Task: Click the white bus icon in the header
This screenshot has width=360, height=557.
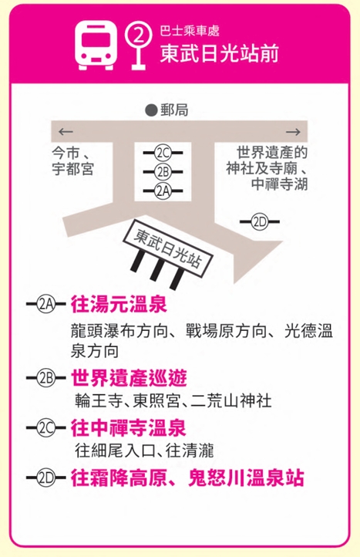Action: coord(96,46)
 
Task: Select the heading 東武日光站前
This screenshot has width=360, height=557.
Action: coord(219,54)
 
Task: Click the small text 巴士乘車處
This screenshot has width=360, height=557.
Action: coord(189,31)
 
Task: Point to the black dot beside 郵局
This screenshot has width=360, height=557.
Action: coord(151,110)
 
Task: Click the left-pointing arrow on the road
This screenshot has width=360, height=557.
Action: coord(66,132)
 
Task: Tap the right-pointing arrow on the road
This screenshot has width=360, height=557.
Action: coord(293,132)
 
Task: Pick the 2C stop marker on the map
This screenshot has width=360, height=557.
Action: coord(163,153)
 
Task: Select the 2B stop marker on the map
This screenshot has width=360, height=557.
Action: coord(163,172)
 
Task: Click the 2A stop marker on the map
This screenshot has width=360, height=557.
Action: coord(163,191)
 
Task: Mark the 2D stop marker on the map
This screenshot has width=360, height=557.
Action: coord(260,222)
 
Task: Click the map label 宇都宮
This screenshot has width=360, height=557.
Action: coord(72,169)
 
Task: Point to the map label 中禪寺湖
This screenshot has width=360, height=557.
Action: coord(279,184)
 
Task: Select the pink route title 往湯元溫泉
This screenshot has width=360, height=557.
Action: coord(119,305)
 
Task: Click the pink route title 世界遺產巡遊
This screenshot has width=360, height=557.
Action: coord(129,377)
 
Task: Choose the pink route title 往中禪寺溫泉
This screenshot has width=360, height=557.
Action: coord(128,427)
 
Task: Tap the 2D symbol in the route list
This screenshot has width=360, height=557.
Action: coord(46,478)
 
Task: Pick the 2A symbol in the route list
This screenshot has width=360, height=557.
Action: coord(46,305)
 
